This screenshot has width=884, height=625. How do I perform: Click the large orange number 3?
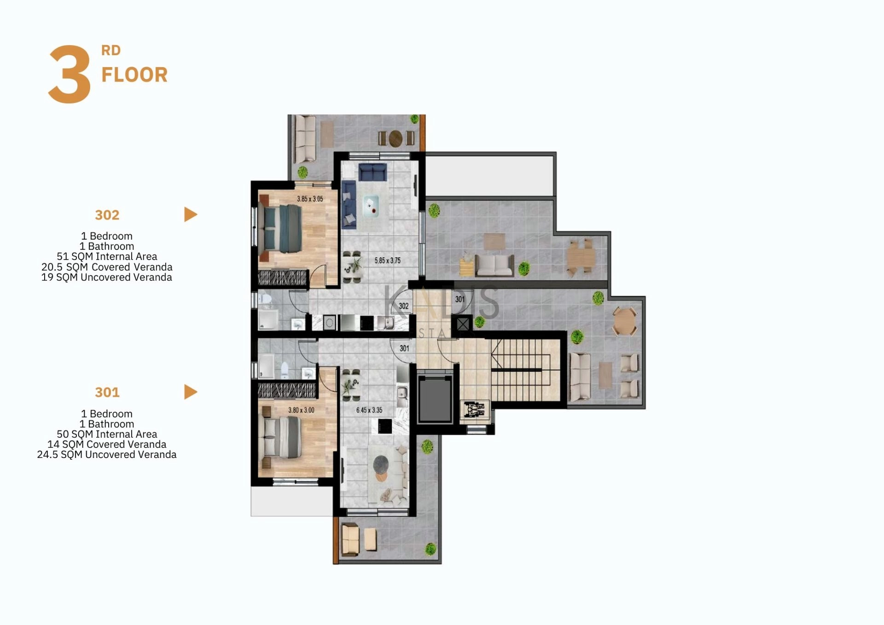click(70, 74)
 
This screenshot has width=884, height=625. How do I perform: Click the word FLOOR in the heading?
click(134, 75)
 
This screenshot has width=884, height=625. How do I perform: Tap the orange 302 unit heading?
click(107, 215)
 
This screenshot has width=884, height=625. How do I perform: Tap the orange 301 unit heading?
click(107, 392)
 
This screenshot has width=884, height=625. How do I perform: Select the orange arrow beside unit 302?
click(191, 214)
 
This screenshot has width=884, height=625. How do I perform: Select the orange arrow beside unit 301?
click(191, 392)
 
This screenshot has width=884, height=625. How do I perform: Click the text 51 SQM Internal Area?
click(107, 257)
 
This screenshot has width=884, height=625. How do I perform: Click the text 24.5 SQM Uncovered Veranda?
click(107, 455)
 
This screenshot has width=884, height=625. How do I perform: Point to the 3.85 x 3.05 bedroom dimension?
click(310, 199)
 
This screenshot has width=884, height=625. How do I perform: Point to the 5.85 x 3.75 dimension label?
click(388, 260)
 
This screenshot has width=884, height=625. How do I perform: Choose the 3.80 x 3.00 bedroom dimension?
click(301, 410)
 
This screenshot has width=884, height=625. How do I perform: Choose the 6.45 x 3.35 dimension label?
click(369, 410)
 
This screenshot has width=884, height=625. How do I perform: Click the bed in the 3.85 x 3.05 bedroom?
click(280, 228)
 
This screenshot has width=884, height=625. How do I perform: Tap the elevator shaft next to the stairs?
click(435, 399)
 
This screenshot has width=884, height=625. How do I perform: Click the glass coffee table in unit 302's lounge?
click(371, 206)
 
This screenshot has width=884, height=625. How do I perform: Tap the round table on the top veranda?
click(395, 138)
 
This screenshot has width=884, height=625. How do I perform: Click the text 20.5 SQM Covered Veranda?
click(107, 267)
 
